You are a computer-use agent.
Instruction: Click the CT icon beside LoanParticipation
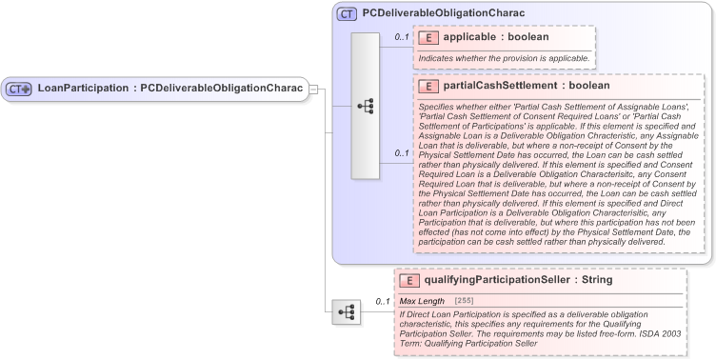pos(19,90)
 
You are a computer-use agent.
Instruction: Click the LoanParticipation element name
pos(84,89)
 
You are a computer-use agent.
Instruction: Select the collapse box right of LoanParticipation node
pos(314,90)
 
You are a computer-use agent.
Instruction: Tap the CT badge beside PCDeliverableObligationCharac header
pos(347,14)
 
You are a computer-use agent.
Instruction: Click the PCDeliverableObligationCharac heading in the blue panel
pos(444,14)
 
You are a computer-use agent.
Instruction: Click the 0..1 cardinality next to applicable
pos(402,38)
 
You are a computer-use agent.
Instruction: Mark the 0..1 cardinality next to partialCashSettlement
pos(402,153)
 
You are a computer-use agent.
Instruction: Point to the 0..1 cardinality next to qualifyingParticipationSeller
pos(383,302)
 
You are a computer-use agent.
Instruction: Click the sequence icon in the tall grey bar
pos(366,106)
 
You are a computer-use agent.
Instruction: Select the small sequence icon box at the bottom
pos(346,311)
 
